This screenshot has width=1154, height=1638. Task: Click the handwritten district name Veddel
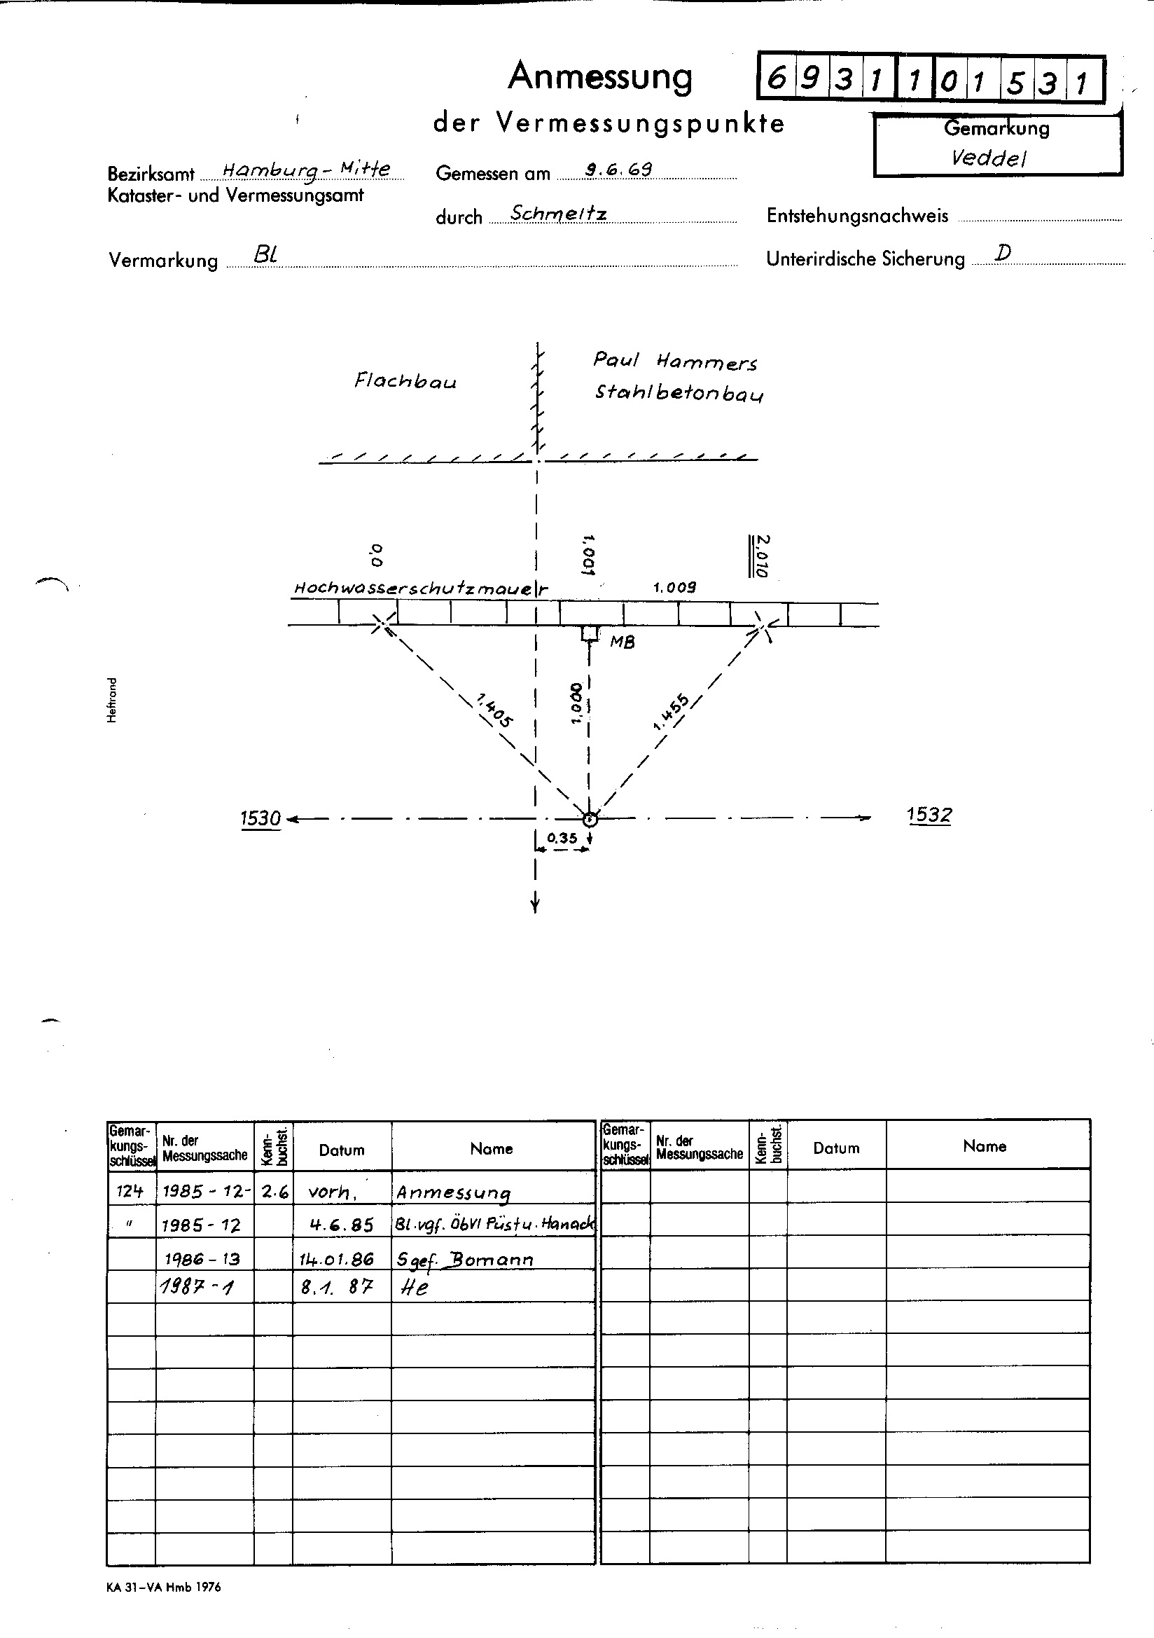[x=989, y=158]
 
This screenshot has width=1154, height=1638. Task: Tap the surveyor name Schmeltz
[x=559, y=213]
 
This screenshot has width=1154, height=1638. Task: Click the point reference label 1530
[x=260, y=818]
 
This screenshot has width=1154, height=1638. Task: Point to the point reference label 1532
[x=929, y=815]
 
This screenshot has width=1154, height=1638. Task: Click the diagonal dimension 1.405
[x=494, y=711]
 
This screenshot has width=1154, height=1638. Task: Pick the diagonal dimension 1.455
[x=670, y=712]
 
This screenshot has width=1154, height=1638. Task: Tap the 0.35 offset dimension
[x=562, y=838]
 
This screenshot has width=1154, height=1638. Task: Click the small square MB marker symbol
[x=589, y=633]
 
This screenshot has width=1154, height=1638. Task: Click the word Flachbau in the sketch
[x=405, y=381]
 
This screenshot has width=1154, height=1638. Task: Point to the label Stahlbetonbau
[x=679, y=393]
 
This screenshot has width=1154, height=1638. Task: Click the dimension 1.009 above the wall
[x=674, y=588]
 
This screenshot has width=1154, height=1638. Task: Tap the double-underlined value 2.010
[x=760, y=556]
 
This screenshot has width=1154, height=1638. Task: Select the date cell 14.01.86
[x=337, y=1259]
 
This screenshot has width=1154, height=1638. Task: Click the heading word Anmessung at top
[x=600, y=77]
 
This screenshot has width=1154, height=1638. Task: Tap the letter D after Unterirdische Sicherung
[x=1003, y=252]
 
